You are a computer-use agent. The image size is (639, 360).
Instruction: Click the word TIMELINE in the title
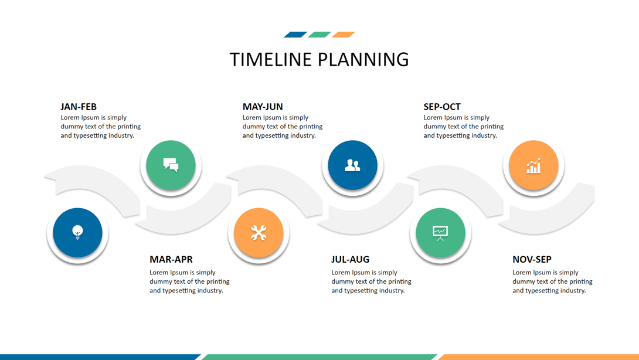[271, 60]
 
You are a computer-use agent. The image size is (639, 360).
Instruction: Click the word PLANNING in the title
[363, 60]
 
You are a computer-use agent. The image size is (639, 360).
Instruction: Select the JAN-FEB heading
[79, 107]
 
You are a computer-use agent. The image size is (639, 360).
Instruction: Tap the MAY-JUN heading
[263, 107]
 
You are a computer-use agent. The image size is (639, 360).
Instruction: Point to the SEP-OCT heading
[442, 107]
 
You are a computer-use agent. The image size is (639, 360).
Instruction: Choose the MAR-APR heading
[171, 259]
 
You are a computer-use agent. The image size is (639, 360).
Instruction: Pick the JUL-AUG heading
[350, 259]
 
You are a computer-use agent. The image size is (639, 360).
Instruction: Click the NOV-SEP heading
[532, 259]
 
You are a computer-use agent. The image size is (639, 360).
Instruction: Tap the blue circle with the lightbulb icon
[77, 233]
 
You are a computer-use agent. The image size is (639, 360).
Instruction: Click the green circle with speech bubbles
[171, 165]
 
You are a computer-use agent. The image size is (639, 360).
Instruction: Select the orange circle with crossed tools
[259, 233]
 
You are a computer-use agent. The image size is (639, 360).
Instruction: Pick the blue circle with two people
[352, 165]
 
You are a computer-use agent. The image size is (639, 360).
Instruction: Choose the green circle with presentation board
[440, 233]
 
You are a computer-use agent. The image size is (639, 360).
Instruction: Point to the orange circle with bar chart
[533, 165]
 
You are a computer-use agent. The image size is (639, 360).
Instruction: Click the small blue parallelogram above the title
[295, 35]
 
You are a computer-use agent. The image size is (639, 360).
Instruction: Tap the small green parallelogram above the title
[319, 35]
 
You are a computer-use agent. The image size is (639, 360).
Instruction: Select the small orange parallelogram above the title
[344, 35]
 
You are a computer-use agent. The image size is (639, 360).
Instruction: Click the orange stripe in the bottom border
[538, 357]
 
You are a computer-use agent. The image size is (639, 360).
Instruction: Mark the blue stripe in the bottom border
[100, 357]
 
